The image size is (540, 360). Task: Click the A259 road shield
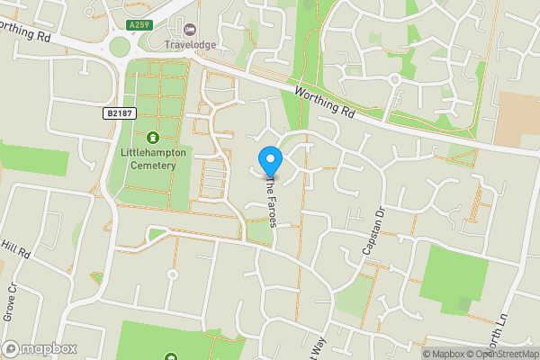coord(137,26)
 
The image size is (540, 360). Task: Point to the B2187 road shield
coord(119,112)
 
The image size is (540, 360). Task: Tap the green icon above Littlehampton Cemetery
coord(151,138)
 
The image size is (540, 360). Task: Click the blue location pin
coord(270,159)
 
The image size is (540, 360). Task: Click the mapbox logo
coord(40,348)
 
